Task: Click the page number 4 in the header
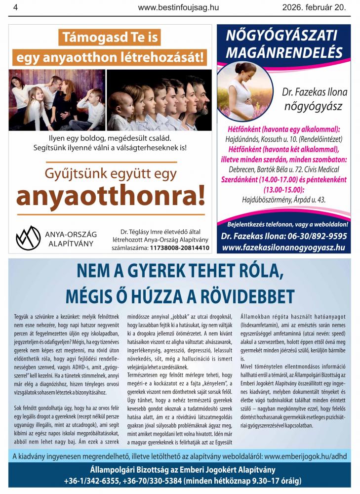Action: click(x=15, y=7)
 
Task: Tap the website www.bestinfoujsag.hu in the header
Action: click(x=178, y=7)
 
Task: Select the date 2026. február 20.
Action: click(x=314, y=7)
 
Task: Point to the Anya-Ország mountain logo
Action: click(x=28, y=238)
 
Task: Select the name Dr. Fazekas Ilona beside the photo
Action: click(x=315, y=92)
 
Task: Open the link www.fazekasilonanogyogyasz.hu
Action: click(x=283, y=247)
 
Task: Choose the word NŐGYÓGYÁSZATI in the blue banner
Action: click(x=281, y=36)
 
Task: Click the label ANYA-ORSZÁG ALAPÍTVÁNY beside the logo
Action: click(x=71, y=239)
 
